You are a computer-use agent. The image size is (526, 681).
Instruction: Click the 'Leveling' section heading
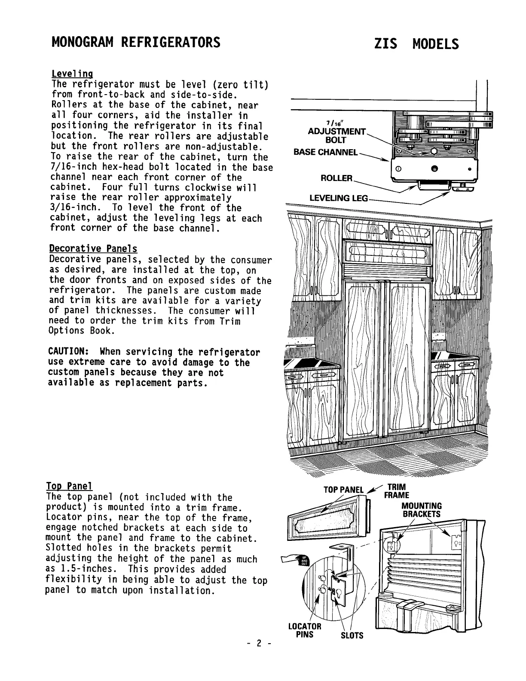click(x=72, y=74)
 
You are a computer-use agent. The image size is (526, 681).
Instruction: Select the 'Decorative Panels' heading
click(x=93, y=249)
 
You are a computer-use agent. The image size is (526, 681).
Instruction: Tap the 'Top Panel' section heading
click(x=69, y=487)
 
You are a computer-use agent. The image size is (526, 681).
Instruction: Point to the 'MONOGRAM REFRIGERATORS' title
click(x=136, y=43)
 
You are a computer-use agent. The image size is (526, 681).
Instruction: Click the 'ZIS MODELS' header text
click(x=416, y=44)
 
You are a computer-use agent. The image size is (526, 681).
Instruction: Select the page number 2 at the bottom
click(x=259, y=644)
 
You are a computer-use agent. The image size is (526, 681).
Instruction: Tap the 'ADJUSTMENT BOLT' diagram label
click(x=336, y=135)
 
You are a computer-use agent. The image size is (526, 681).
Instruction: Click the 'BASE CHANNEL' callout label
click(x=325, y=152)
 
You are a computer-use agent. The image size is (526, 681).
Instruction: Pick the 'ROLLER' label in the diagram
click(x=336, y=178)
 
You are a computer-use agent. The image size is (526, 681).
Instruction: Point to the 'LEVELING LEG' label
click(x=339, y=198)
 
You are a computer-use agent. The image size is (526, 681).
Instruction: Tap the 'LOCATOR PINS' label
click(x=305, y=630)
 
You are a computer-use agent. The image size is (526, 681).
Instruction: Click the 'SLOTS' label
click(x=352, y=635)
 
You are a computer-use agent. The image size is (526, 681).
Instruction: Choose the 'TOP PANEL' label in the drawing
click(x=343, y=490)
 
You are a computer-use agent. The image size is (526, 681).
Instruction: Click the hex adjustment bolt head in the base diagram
click(x=434, y=153)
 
